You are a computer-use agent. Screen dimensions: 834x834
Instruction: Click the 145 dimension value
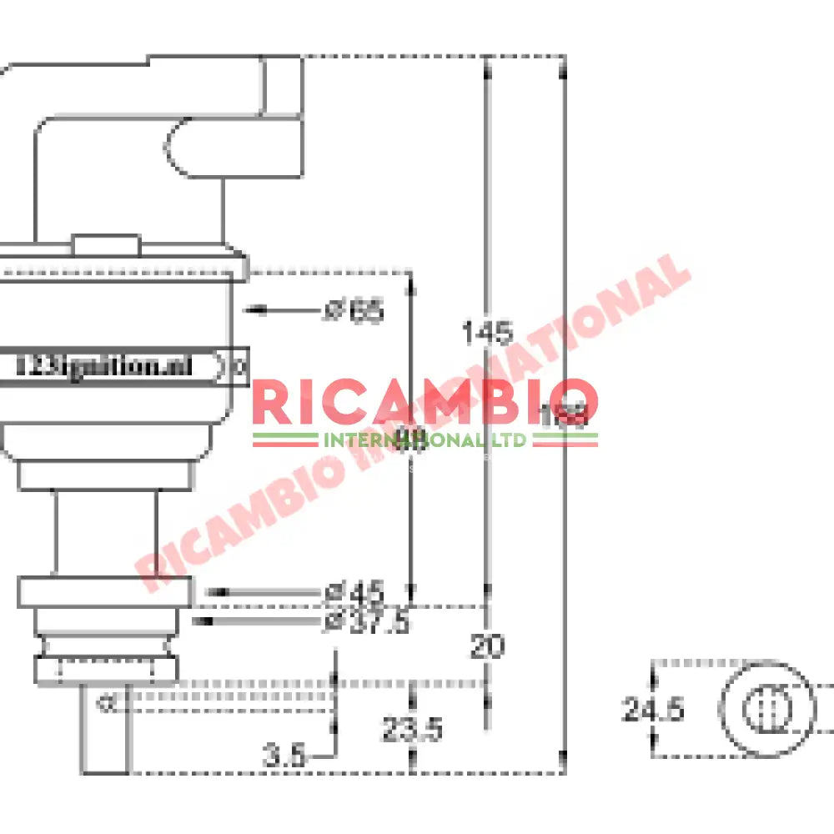pos(487,333)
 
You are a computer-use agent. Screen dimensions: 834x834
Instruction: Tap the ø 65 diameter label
pos(354,311)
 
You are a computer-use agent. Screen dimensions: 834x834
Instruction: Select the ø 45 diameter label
pos(354,593)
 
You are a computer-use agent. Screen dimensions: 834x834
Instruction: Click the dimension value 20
pos(487,646)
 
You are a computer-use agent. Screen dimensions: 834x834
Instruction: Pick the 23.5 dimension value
pos(412,731)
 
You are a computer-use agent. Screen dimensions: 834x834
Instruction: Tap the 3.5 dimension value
pos(284,757)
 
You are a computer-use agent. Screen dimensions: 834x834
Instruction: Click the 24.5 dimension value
pos(653,711)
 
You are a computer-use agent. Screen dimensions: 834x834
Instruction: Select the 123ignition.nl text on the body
pos(104,365)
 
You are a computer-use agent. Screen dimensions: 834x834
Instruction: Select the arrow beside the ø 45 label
pos(250,592)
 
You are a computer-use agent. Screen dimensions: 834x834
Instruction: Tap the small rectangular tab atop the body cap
pos(105,244)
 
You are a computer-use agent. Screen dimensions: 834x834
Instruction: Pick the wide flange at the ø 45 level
pos(105,592)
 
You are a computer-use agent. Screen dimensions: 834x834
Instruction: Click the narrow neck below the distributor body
pos(105,534)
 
